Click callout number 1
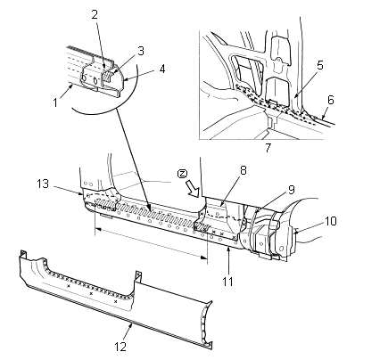pyautogui.click(x=55, y=102)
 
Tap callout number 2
pyautogui.click(x=95, y=14)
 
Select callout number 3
pyautogui.click(x=141, y=51)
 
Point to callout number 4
pyautogui.click(x=161, y=70)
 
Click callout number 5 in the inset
pyautogui.click(x=320, y=65)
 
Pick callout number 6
pyautogui.click(x=331, y=100)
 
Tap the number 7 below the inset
pyautogui.click(x=268, y=148)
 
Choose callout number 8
pyautogui.click(x=244, y=170)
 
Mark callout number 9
pyautogui.click(x=291, y=190)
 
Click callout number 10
pyautogui.click(x=330, y=221)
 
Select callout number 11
pyautogui.click(x=228, y=282)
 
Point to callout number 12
pyautogui.click(x=120, y=347)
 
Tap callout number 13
pyautogui.click(x=43, y=184)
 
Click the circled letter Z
pyautogui.click(x=181, y=174)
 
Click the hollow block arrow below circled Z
pyautogui.click(x=193, y=189)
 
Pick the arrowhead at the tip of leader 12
pyautogui.click(x=131, y=325)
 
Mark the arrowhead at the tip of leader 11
pyautogui.click(x=228, y=249)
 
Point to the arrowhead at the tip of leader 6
pyautogui.click(x=323, y=118)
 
